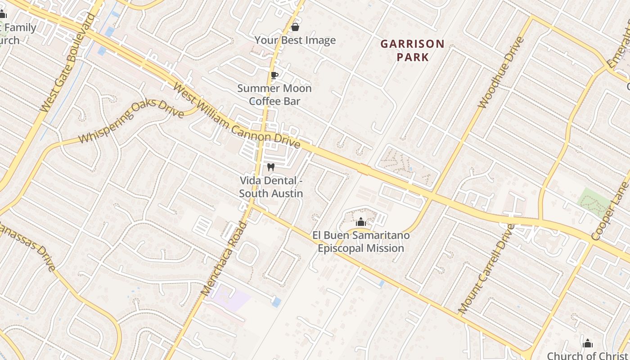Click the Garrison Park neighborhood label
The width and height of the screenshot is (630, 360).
pos(412,50)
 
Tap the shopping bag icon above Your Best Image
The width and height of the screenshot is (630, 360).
pos(295,27)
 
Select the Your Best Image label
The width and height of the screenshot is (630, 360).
pos(295,40)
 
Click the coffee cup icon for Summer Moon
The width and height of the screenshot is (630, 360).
pos(274,75)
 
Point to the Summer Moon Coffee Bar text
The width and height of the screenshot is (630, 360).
pos(274,94)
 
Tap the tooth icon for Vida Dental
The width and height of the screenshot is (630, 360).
pos(271,167)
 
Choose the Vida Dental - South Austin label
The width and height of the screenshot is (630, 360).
pos(271,187)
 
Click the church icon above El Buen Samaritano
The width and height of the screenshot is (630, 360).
pos(360,222)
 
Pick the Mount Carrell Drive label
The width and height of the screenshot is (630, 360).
pos(486,268)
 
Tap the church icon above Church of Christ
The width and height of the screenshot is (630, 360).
pos(587,344)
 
